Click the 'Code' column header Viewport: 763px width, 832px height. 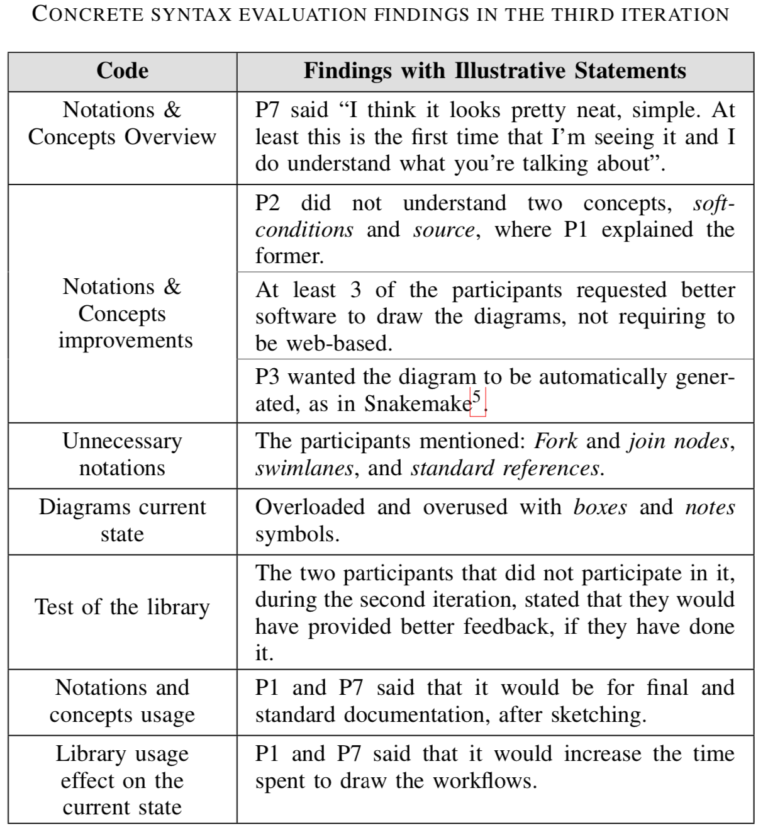pyautogui.click(x=123, y=71)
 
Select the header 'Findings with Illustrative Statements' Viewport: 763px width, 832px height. pyautogui.click(x=494, y=71)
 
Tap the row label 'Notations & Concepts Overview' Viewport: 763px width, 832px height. pyautogui.click(x=122, y=123)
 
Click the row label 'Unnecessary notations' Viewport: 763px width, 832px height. pyautogui.click(x=122, y=454)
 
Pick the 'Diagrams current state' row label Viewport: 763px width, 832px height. pyautogui.click(x=122, y=520)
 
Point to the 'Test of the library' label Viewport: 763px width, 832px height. pyautogui.click(x=122, y=607)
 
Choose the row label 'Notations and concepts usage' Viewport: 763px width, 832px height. pyautogui.click(x=122, y=701)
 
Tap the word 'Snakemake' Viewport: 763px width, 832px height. pyautogui.click(x=417, y=403)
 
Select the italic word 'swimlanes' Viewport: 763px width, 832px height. pyautogui.click(x=303, y=468)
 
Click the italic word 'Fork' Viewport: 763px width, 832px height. pyautogui.click(x=555, y=441)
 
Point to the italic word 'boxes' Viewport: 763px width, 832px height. pyautogui.click(x=599, y=507)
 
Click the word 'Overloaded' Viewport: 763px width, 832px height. pyautogui.click(x=309, y=507)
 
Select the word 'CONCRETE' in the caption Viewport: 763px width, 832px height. pyautogui.click(x=87, y=14)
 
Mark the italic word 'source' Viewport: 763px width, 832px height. pyautogui.click(x=443, y=230)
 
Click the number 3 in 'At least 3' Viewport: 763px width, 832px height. pyautogui.click(x=355, y=290)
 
